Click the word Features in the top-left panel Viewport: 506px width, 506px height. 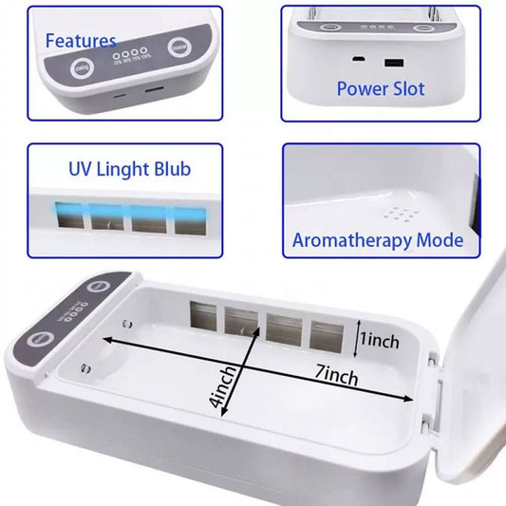click(x=81, y=41)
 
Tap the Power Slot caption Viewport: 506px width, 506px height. click(x=380, y=88)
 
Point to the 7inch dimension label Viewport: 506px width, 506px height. click(x=337, y=377)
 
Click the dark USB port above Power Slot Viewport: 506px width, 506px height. click(x=390, y=63)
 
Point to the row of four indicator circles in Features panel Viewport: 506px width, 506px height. click(x=125, y=56)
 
